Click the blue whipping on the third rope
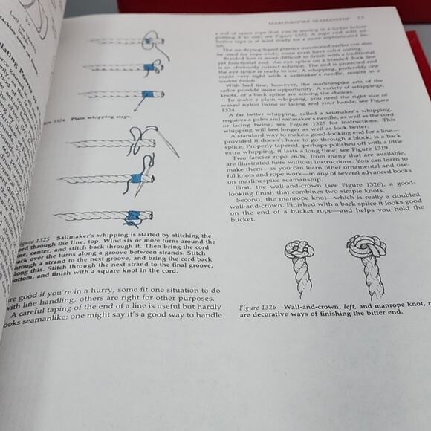tap(149, 95)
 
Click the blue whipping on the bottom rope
tap(133, 218)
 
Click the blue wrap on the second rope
tap(149, 68)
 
